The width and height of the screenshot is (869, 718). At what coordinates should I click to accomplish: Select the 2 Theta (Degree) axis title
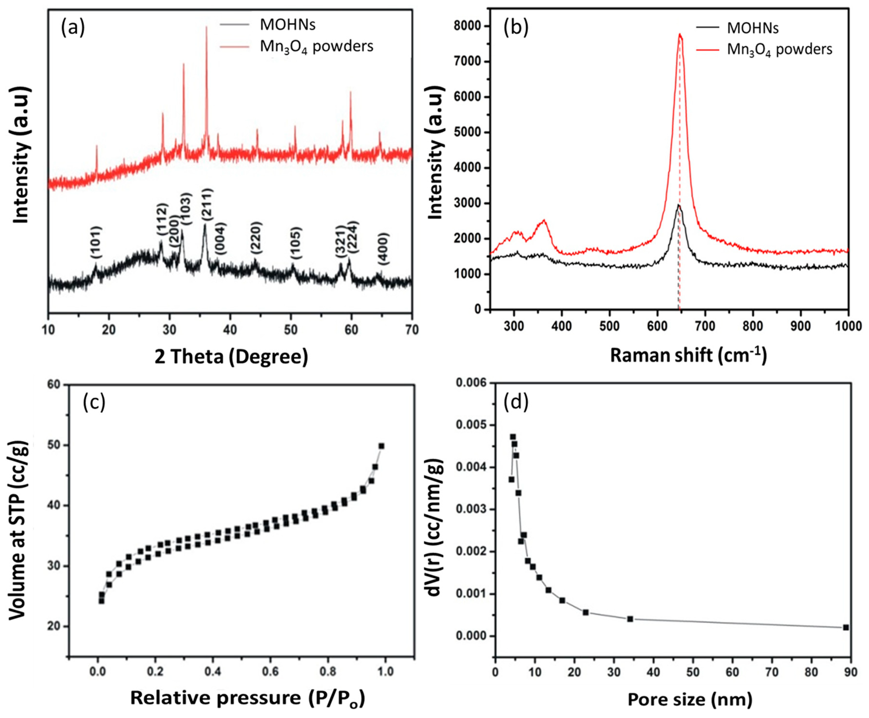coord(231,356)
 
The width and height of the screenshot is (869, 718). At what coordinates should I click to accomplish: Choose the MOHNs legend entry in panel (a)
coord(287,25)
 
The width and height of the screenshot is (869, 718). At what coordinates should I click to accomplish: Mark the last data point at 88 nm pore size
coord(846,627)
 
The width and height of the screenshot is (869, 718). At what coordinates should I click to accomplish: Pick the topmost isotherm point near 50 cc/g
coord(381,446)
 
